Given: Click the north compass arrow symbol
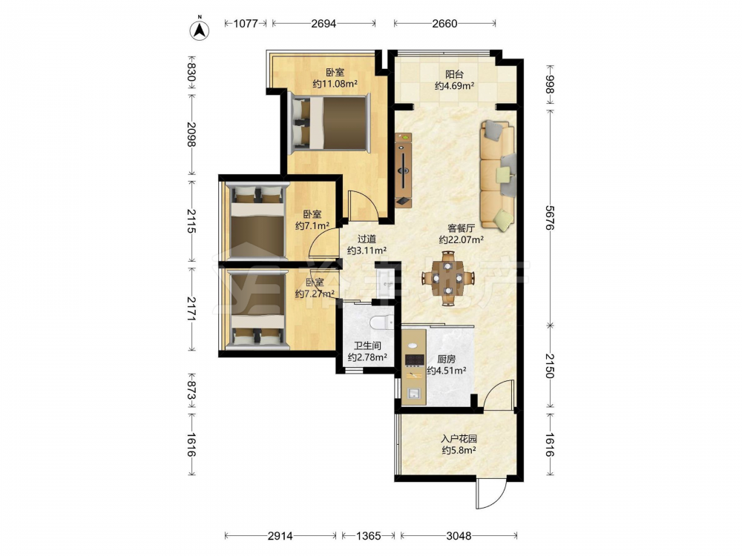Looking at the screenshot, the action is [200, 30].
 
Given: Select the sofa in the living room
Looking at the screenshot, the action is [498, 175].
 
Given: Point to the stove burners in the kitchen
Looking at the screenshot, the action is [415, 360].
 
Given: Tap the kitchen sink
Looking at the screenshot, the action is [415, 392].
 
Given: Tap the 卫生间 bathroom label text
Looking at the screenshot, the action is [368, 345].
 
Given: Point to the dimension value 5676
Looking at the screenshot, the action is [549, 218].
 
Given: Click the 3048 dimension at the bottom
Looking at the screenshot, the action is [459, 536].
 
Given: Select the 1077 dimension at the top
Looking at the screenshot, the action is [246, 23].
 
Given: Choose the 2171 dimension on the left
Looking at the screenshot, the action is [191, 309].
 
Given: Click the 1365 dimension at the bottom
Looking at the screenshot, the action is [368, 536].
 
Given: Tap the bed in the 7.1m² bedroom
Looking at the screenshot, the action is [257, 221].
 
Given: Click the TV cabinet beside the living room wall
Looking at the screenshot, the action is [404, 171].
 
